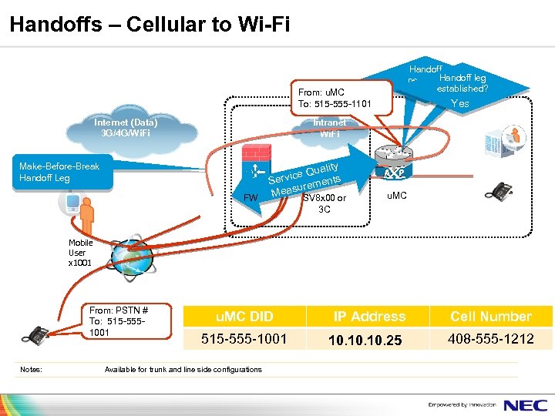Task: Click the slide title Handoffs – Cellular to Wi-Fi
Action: [x=150, y=24]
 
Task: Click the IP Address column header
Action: [x=368, y=317]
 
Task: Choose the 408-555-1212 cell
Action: [x=490, y=339]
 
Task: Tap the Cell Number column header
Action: [x=490, y=317]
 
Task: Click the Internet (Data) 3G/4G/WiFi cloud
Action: [x=126, y=128]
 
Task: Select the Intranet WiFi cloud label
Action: [x=329, y=128]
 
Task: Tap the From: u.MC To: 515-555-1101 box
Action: [x=334, y=97]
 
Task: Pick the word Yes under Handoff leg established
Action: [x=459, y=104]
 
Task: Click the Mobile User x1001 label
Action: [x=81, y=253]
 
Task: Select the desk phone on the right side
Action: [x=503, y=190]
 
